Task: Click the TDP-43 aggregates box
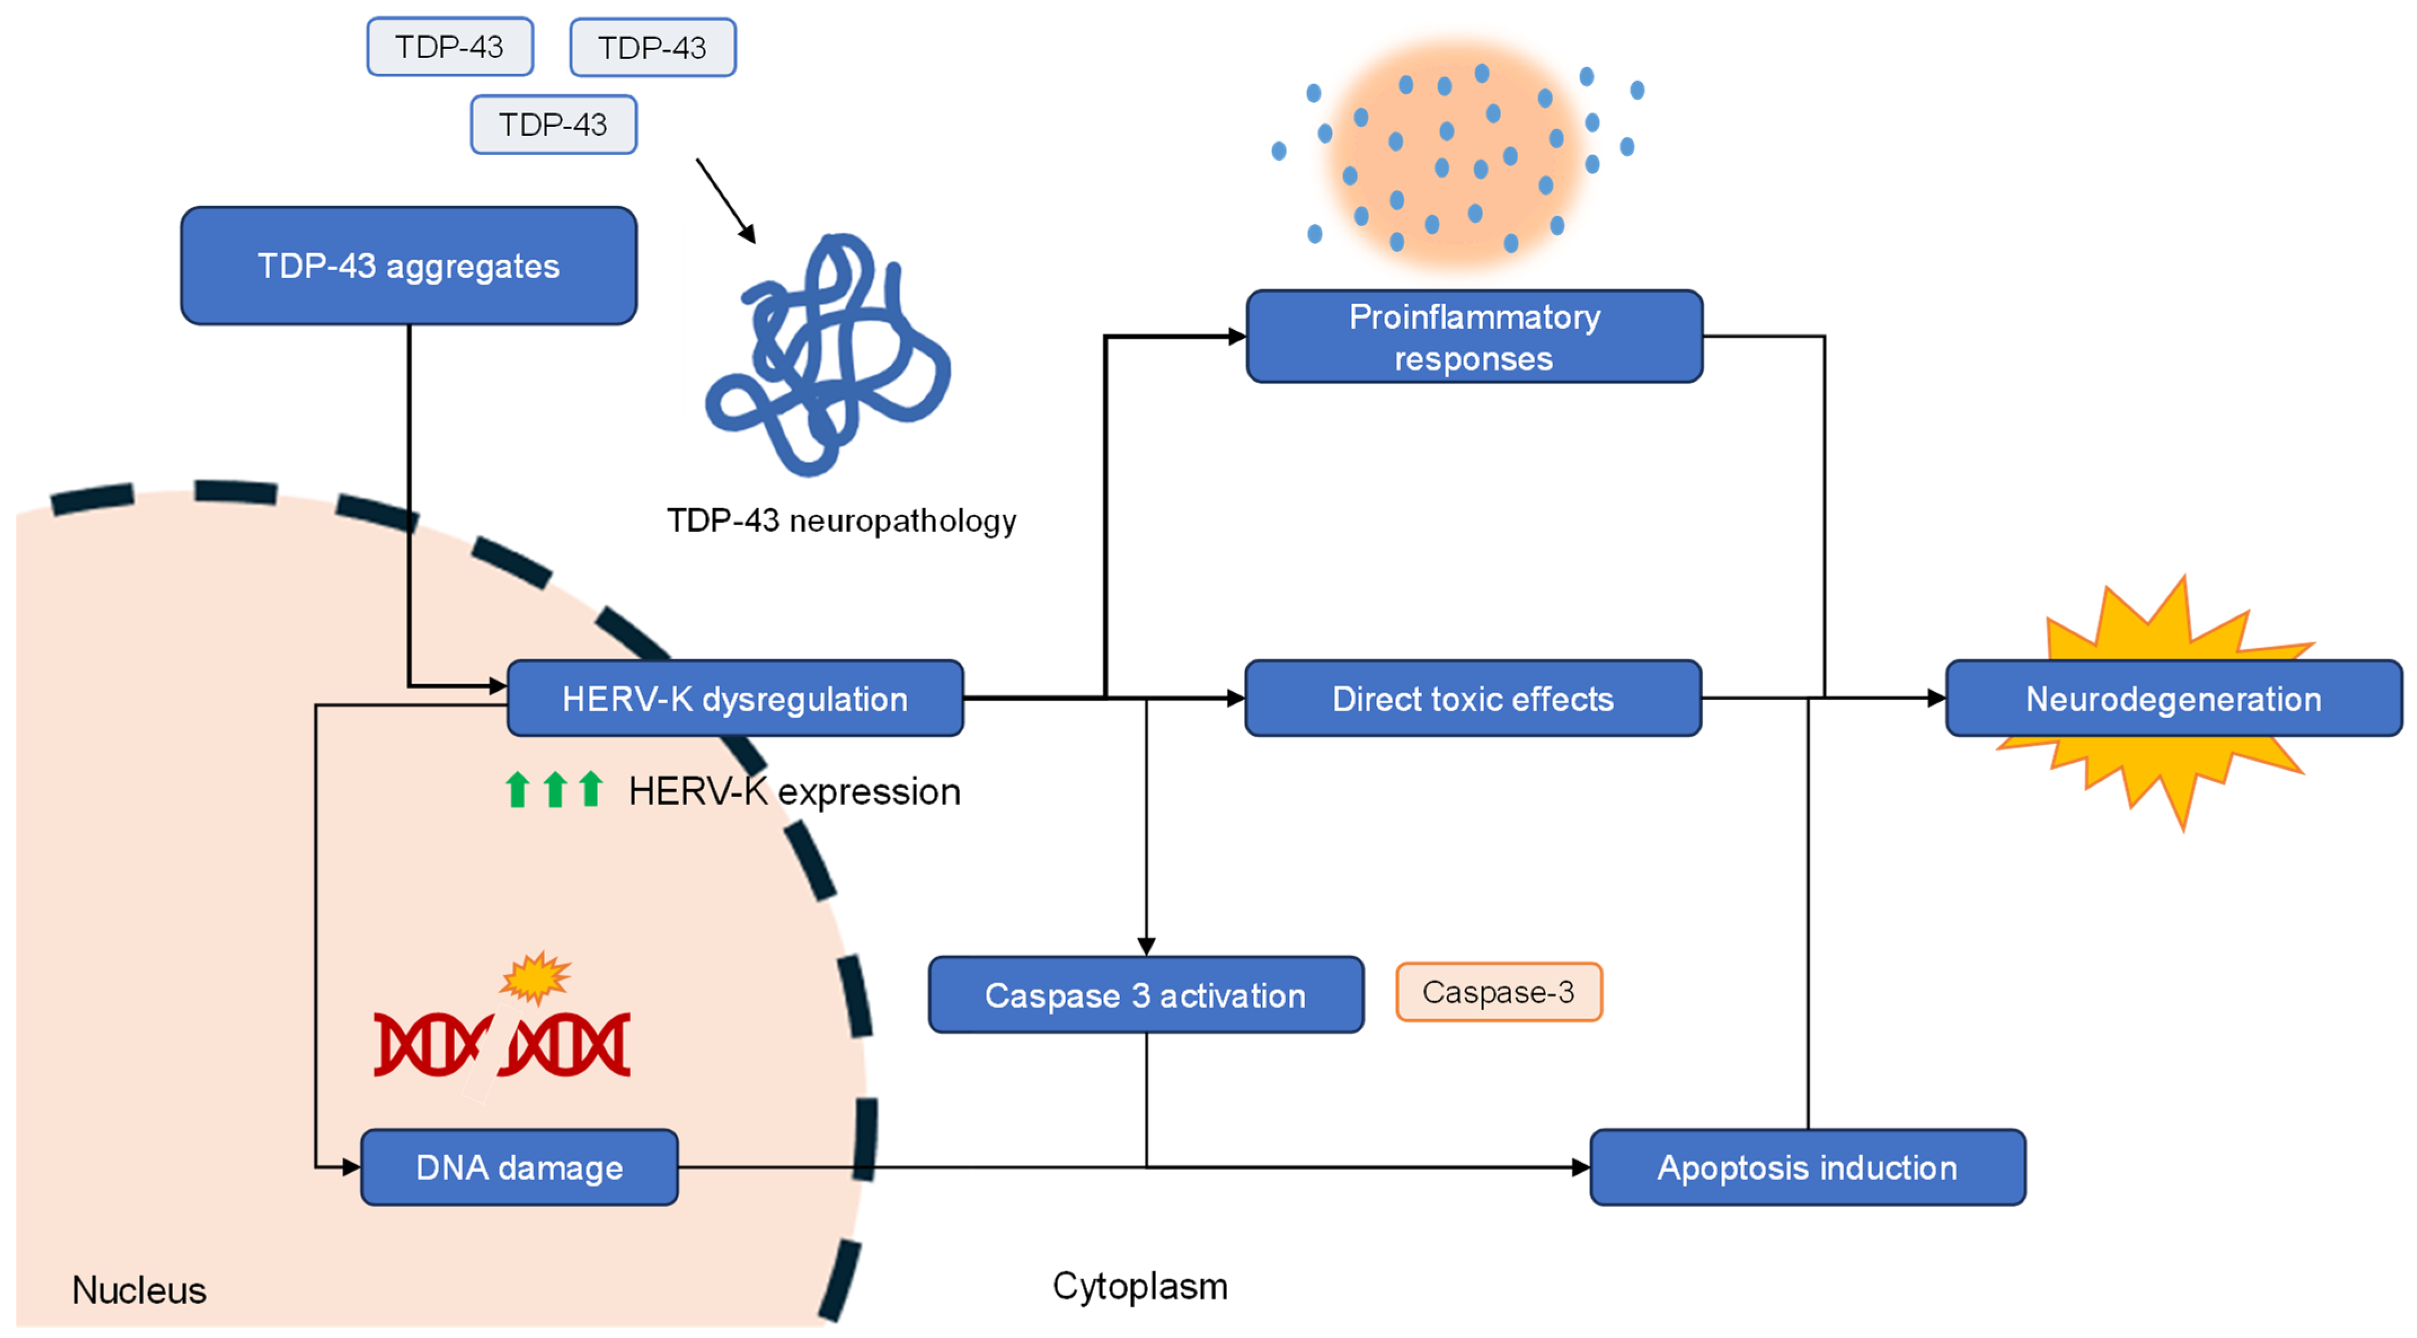[408, 267]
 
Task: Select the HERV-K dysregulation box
[734, 699]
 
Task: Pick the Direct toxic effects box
[1472, 699]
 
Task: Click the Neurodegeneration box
[2173, 699]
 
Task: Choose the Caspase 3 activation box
[1145, 996]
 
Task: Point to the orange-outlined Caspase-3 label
[1498, 992]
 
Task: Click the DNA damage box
[519, 1168]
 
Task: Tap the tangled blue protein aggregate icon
[826, 356]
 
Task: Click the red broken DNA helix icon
[502, 1044]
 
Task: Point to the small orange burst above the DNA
[535, 978]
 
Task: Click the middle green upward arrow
[555, 789]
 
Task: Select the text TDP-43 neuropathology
[840, 521]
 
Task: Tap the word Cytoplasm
[1139, 1286]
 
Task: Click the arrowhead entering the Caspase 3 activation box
[1145, 945]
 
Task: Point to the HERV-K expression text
[794, 792]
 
